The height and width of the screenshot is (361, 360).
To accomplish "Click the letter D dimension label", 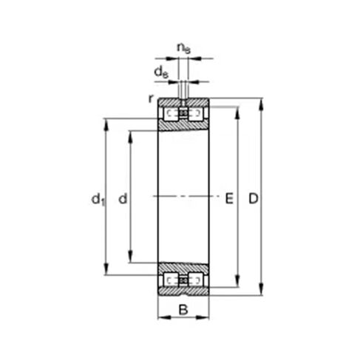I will pos(253,198).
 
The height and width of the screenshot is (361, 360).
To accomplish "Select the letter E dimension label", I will pos(228,198).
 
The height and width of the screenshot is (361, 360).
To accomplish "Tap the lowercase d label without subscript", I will pos(123,198).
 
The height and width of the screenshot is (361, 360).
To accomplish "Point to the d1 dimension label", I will pos(96,198).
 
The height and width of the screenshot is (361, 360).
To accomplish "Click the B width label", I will pos(183,309).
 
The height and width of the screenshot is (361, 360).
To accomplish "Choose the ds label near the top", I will pos(160,71).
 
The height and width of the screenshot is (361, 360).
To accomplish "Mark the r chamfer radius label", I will pos(150,98).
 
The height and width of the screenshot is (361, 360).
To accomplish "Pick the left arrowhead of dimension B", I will pos(161,319).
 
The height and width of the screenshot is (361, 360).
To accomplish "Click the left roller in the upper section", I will pos(172,114).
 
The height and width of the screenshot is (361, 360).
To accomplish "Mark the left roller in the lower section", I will pos(172,280).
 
